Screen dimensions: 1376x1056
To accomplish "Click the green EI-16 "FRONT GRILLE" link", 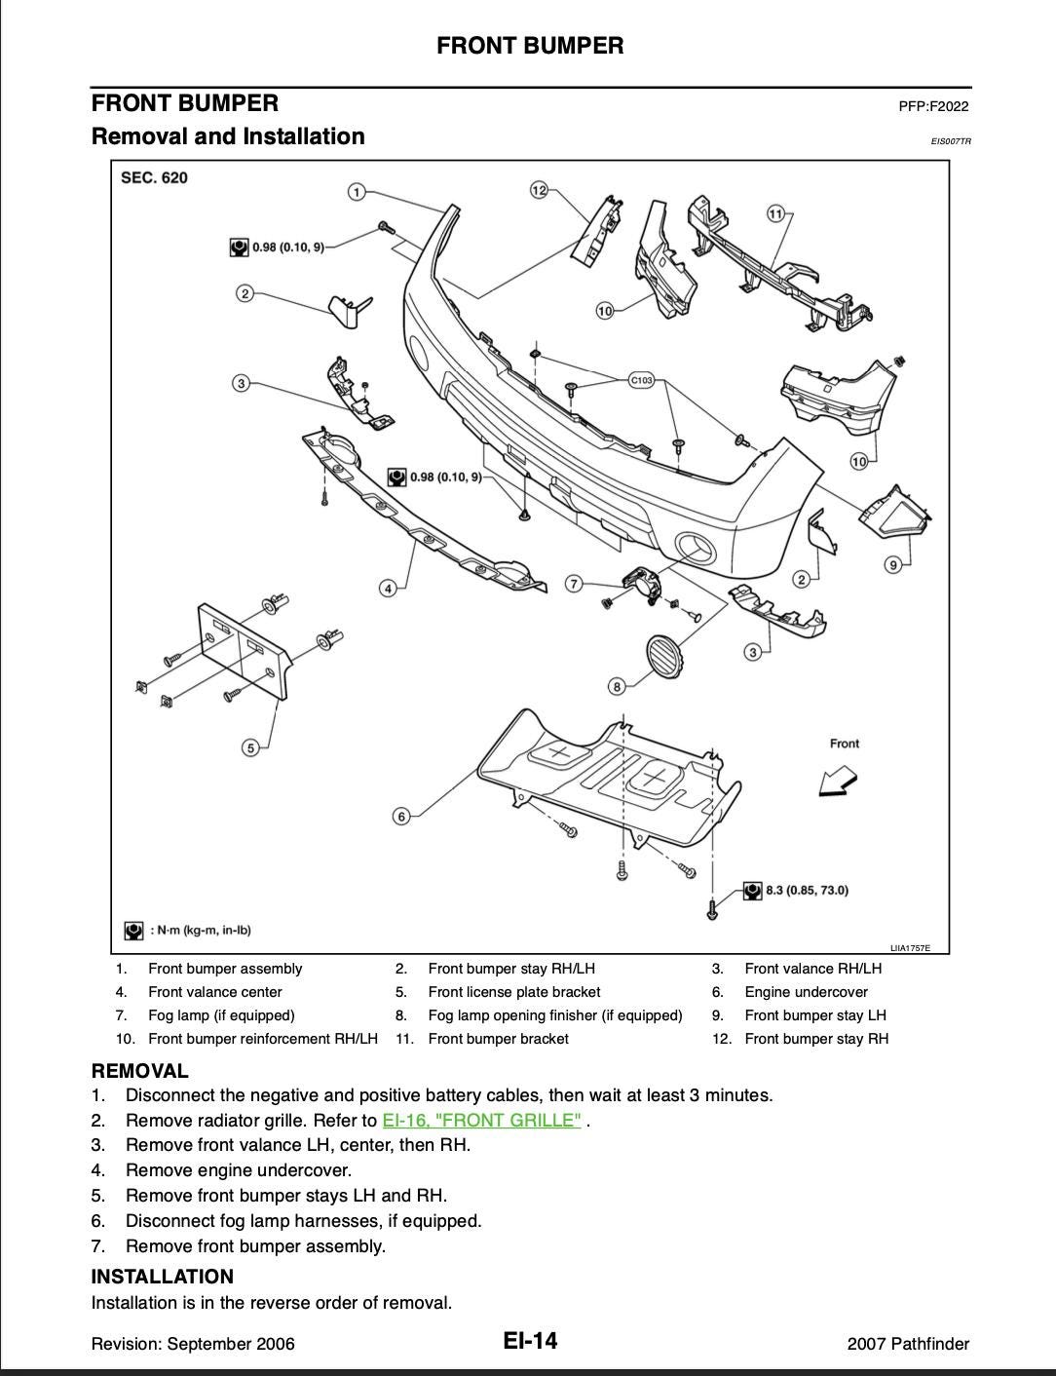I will (x=481, y=1120).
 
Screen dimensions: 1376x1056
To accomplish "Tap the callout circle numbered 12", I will (x=539, y=190).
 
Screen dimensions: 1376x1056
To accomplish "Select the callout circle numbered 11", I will (x=775, y=213).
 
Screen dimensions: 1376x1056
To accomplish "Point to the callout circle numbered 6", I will (x=401, y=816).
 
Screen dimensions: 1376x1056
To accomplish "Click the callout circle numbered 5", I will (x=251, y=747).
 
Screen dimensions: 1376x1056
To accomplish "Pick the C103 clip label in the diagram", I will (x=641, y=380).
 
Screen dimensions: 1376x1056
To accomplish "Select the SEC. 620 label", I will (x=154, y=177).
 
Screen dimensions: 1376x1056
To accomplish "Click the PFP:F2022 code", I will (x=933, y=106).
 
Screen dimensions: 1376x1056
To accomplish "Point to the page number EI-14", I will (x=530, y=1341).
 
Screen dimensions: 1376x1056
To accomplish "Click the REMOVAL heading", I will (x=139, y=1071).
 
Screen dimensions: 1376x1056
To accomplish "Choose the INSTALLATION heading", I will (x=163, y=1277).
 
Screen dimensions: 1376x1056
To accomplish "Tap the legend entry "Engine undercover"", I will (x=806, y=992).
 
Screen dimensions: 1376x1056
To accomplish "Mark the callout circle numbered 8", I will (x=617, y=687).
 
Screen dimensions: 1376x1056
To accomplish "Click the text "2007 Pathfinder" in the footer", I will (x=908, y=1344).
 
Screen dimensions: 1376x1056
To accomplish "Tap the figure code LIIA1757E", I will (x=910, y=947).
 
